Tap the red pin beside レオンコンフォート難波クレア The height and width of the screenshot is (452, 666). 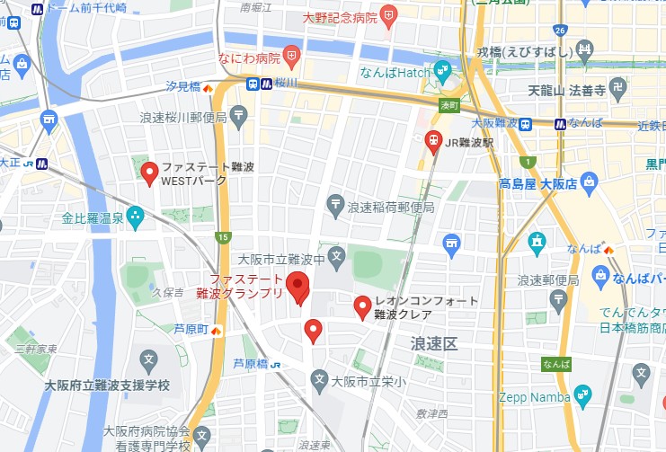(x=362, y=306)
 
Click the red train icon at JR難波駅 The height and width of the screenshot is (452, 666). (x=433, y=142)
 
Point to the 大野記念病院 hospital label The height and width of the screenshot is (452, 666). (x=340, y=16)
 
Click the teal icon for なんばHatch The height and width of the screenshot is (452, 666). (x=442, y=69)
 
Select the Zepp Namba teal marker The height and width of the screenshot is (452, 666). (x=582, y=394)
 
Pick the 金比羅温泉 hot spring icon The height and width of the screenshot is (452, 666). (x=136, y=216)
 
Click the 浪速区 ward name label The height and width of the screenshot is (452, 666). (x=434, y=344)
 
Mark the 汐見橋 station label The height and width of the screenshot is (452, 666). (x=183, y=87)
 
